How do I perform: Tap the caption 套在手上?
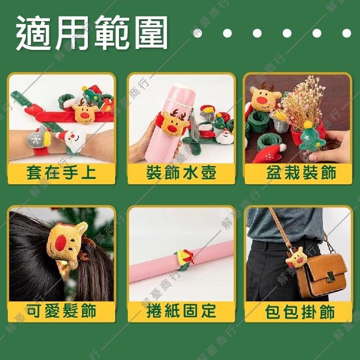click(61, 173)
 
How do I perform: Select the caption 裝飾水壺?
click(181, 173)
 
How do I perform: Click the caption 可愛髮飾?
click(61, 311)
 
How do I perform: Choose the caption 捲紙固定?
click(181, 311)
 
